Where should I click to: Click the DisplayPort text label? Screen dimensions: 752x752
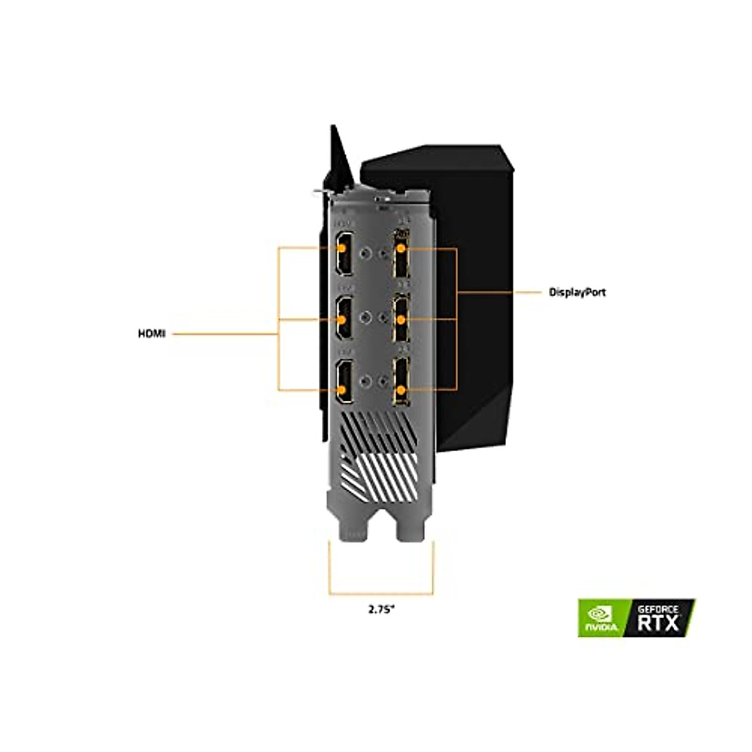[x=577, y=292]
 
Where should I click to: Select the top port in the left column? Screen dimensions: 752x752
[x=343, y=253]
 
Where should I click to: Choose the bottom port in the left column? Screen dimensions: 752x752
[x=343, y=384]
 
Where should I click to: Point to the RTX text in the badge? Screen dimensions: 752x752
[x=658, y=623]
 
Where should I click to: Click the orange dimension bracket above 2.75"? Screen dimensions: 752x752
[x=381, y=592]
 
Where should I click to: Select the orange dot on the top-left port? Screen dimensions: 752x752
[x=342, y=248]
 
